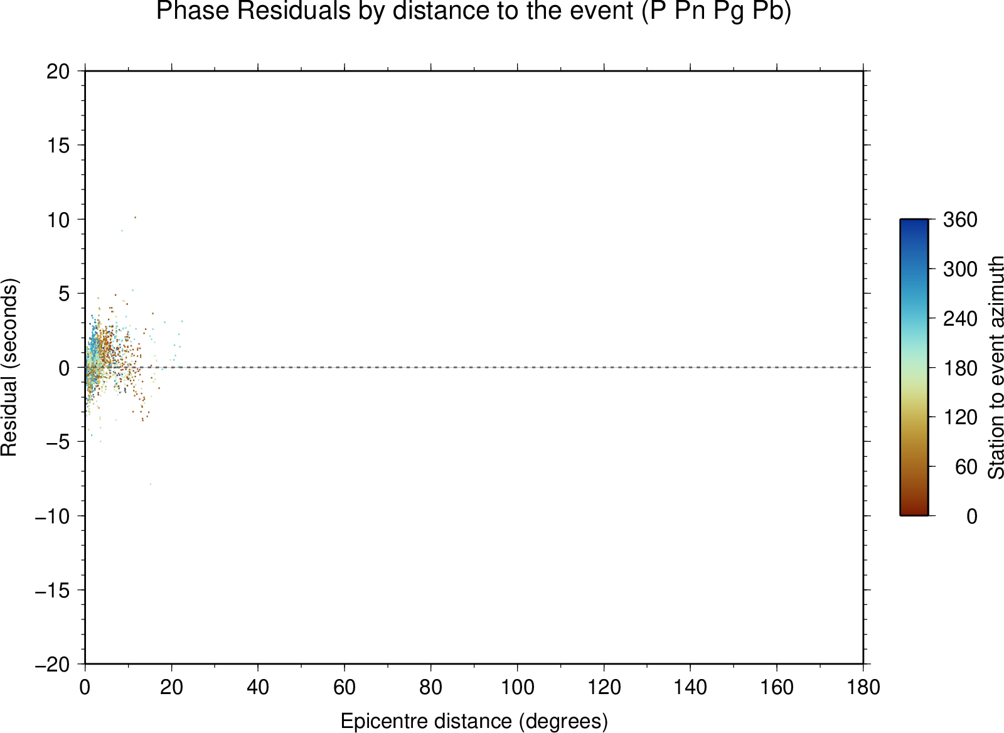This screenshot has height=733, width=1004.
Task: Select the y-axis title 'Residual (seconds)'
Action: pos(9,367)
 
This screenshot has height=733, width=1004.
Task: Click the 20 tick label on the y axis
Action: pos(58,72)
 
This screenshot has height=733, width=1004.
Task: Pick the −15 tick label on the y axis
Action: pos(53,591)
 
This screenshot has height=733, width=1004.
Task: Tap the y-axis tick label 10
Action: pos(58,220)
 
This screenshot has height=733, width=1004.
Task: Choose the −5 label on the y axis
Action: pos(58,442)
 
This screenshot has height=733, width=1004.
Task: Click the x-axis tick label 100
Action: pos(517,687)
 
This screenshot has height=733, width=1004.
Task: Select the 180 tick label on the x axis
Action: pos(863,687)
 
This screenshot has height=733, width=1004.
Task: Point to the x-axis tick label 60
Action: pos(344,687)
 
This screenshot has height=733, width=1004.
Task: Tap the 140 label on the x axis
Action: pos(690,687)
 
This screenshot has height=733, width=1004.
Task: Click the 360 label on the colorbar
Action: pos(960,220)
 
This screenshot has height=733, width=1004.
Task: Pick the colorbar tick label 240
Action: pos(960,319)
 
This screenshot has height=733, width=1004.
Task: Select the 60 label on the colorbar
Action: pos(966,467)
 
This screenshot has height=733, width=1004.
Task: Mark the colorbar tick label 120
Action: pos(960,417)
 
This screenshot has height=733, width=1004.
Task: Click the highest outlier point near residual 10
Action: pos(135,217)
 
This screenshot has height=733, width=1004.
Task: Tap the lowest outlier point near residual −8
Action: pos(151,484)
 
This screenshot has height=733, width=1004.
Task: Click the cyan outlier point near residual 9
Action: pos(122,230)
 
